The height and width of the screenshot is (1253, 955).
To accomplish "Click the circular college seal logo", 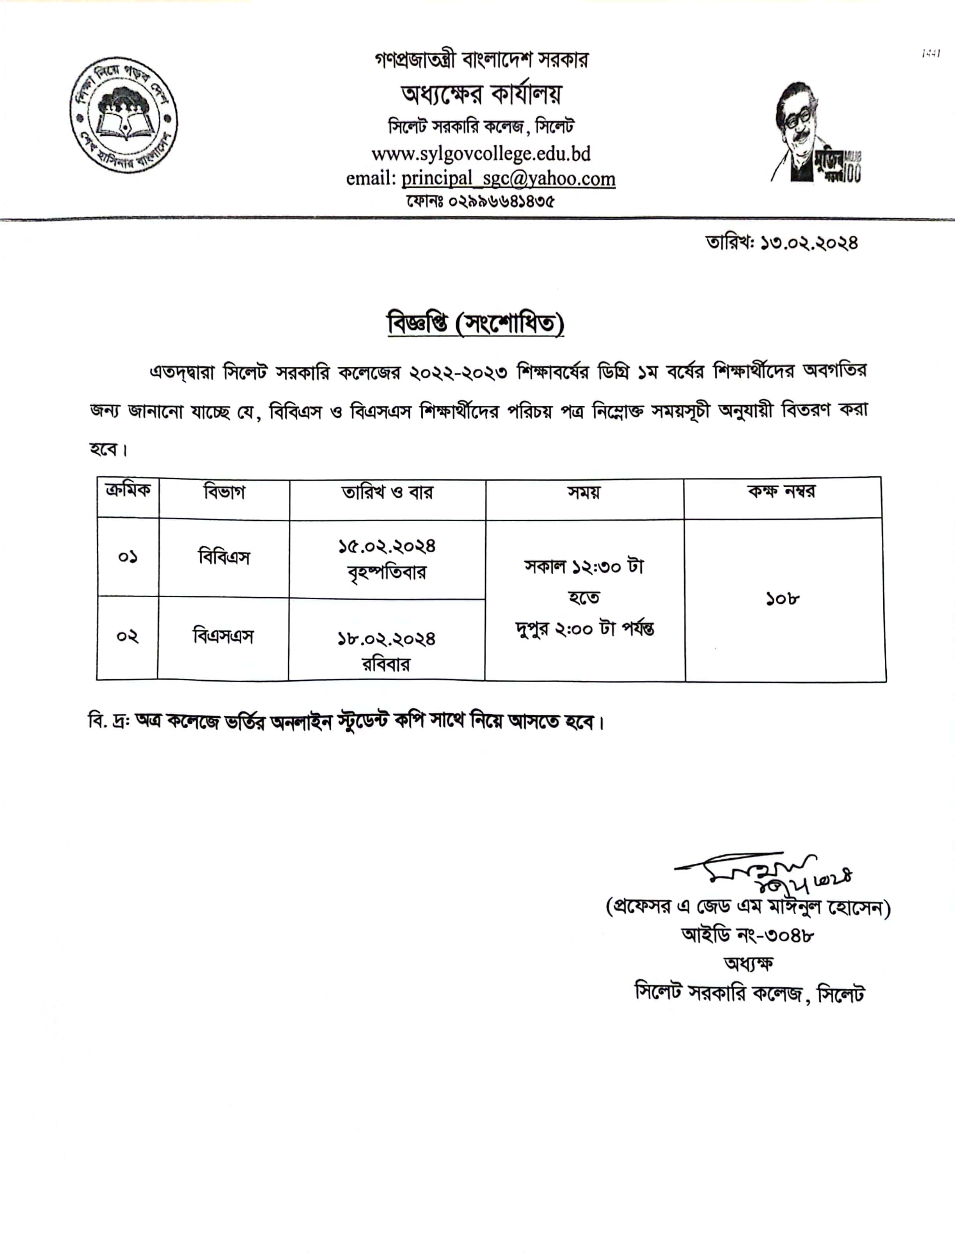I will click(x=123, y=115).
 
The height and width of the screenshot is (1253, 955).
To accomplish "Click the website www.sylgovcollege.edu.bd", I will click(x=481, y=153).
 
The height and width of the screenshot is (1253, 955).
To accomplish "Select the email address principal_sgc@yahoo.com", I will click(x=508, y=179).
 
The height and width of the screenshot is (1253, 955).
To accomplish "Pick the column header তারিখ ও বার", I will click(x=387, y=492).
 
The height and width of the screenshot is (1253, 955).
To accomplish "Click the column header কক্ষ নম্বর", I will click(x=782, y=491).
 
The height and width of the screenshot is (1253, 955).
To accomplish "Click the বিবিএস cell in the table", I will click(x=224, y=557).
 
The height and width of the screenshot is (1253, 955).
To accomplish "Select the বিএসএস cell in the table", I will click(x=223, y=636).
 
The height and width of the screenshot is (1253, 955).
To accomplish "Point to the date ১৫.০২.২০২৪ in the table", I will click(x=387, y=547).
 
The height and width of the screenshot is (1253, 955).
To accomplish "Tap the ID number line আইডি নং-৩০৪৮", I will click(x=747, y=935).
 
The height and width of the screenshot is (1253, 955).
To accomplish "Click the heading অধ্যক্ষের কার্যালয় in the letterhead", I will click(x=481, y=94).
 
